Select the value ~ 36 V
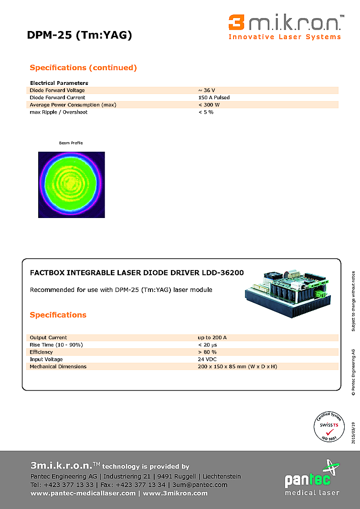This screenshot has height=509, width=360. point(206,90)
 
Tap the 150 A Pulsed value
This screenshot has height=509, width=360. point(214,97)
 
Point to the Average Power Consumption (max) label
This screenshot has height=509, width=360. point(73,104)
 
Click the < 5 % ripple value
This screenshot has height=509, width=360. point(206,112)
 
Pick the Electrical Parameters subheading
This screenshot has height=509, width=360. point(59,83)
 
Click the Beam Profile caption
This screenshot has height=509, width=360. point(71,143)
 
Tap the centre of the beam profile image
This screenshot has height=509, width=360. point(72,185)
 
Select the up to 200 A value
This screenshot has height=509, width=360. point(212,324)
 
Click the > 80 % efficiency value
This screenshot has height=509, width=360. point(208,338)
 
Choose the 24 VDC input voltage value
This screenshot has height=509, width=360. point(207,345)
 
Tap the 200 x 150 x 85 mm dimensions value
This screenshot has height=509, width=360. point(237,353)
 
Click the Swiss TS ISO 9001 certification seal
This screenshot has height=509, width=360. point(329,425)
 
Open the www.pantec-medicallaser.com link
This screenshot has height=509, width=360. point(83,493)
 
